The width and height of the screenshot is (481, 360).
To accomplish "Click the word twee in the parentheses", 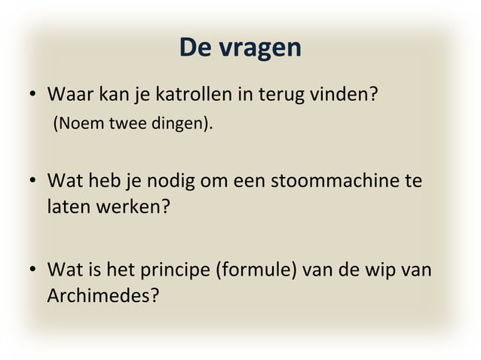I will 124,124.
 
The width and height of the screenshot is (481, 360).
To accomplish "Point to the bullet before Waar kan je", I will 33,98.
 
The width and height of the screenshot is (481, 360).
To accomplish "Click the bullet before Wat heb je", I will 33,182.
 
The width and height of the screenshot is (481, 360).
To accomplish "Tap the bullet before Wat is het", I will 33,270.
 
